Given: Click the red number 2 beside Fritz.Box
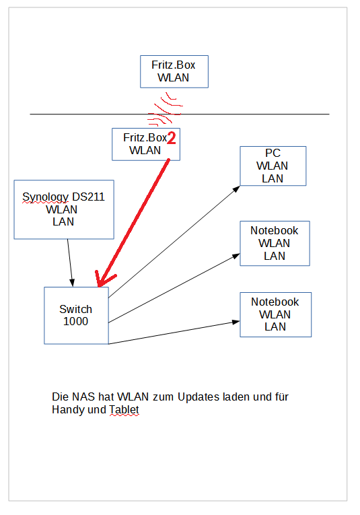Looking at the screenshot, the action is (172, 137).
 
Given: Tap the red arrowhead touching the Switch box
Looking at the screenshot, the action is (104, 279).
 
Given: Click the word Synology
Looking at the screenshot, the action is (45, 197).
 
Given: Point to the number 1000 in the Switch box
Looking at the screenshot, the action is (75, 321).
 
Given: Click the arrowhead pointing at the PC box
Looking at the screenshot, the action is (237, 189).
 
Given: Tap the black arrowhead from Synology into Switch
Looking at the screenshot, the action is (72, 283).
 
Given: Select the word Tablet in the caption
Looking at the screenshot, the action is (124, 409).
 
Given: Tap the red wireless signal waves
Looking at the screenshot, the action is (165, 110).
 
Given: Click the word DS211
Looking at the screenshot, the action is (88, 197).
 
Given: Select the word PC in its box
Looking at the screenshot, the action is (273, 153).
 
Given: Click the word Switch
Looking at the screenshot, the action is (75, 309).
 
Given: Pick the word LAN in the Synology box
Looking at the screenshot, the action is (63, 221).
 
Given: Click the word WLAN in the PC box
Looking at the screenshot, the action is (273, 166).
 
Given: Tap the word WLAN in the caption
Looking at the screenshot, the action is (133, 397).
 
